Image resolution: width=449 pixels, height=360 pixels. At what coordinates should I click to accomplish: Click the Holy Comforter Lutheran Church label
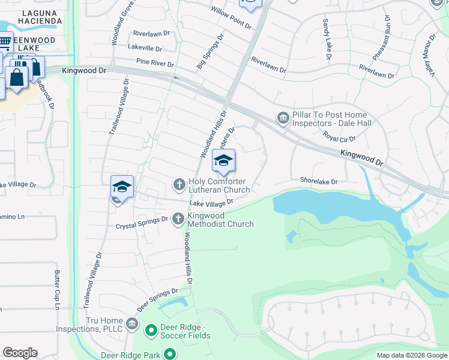pos(219,185)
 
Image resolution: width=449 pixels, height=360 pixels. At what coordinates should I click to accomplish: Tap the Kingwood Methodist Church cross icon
pos(178,219)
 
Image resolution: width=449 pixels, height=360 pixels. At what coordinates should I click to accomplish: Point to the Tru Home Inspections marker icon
pos(133,326)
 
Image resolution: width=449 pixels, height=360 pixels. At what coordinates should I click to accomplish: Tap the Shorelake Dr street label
pos(319,181)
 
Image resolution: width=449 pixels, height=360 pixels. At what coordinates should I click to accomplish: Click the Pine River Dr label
pos(155,63)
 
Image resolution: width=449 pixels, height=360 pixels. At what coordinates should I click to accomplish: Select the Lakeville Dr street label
pos(145,48)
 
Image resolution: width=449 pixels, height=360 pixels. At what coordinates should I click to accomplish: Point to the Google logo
pos(20,353)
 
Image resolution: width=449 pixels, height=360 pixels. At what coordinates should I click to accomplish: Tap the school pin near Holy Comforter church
pos(223,161)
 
